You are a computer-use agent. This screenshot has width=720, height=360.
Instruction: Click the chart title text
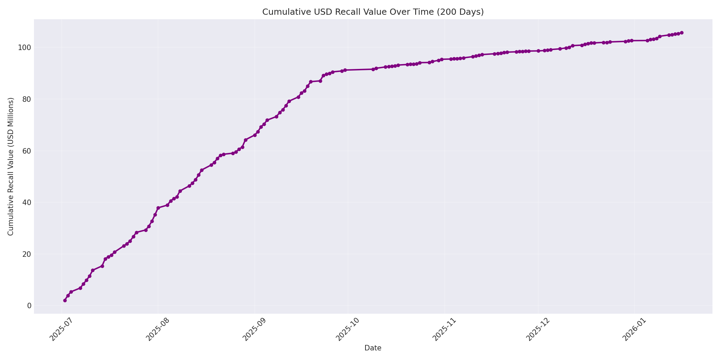[x=373, y=12]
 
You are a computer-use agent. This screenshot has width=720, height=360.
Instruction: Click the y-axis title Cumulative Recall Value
[x=11, y=167]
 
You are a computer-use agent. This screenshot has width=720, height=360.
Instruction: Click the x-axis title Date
[x=373, y=348]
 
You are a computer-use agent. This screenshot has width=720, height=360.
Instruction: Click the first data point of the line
[x=65, y=300]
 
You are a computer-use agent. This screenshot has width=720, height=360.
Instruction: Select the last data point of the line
[x=682, y=33]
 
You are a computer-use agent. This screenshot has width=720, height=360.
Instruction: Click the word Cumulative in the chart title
[x=281, y=12]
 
